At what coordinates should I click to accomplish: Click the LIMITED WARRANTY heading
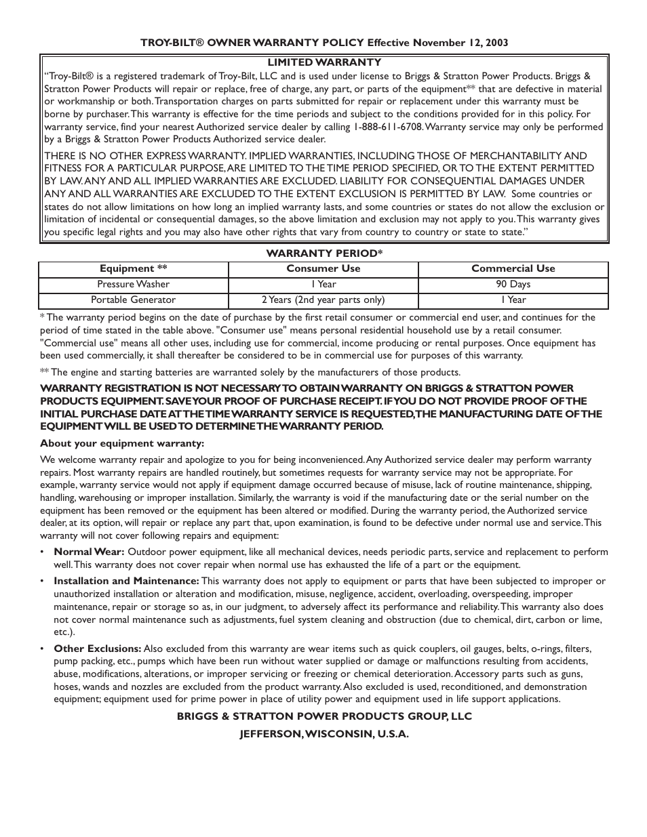coord(323,62)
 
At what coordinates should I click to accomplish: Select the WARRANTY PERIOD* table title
coord(323,253)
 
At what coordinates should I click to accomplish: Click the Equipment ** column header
coord(133,268)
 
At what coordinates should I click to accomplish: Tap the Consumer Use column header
coord(323,268)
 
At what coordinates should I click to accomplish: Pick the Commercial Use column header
coord(513,268)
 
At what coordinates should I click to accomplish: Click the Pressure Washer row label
coord(133,284)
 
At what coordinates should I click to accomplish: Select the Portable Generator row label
coord(133,300)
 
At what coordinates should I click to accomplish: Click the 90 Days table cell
coord(513,284)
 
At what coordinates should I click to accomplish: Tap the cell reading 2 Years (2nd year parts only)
coord(323,300)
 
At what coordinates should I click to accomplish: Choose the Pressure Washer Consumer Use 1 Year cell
coord(323,284)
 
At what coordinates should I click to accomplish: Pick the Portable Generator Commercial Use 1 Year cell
coord(513,300)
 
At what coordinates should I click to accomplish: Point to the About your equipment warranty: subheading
coord(122,443)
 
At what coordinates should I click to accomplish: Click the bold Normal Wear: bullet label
coord(89,552)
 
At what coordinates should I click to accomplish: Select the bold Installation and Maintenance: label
coord(126,581)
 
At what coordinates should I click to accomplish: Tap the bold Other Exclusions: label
coord(97,649)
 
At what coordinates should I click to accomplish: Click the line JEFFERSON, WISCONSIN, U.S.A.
coord(323,734)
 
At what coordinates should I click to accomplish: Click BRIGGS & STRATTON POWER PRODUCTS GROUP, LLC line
coord(323,716)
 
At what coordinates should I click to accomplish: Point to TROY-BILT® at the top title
coord(172,42)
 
